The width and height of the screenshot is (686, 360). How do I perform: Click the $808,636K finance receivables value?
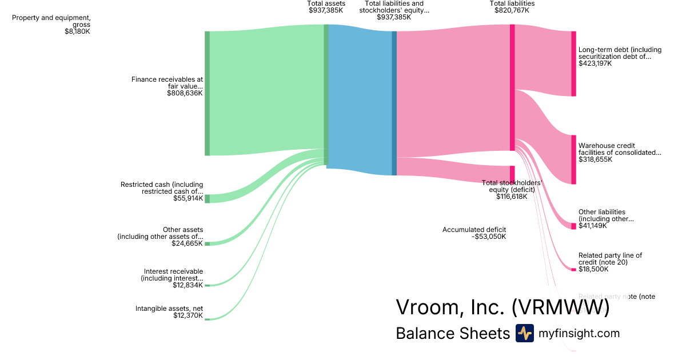(185, 93)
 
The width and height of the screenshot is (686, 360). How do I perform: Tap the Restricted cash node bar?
(207, 198)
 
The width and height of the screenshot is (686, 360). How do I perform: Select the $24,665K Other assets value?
(187, 243)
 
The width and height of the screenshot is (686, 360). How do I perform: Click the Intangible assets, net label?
(169, 309)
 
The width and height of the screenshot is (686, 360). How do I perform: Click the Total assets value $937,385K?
(326, 10)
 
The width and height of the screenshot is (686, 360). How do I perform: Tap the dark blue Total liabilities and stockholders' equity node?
(394, 103)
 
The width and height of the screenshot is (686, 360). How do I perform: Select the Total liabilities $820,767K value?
(512, 10)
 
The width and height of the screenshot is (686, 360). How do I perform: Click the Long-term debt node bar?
(573, 63)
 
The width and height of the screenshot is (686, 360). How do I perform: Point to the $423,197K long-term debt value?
(595, 63)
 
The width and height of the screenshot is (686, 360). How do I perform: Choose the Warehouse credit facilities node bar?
(573, 159)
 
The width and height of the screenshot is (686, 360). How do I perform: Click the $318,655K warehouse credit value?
(595, 159)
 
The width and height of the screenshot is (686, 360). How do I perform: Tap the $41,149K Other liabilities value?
(593, 226)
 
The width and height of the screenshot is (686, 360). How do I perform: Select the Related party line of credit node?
(573, 269)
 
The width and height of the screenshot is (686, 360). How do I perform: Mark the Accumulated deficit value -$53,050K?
(489, 237)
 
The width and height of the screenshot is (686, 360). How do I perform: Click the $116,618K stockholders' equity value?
(512, 197)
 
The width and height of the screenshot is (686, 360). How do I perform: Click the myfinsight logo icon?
(524, 333)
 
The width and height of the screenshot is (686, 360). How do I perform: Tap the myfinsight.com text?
(579, 333)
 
